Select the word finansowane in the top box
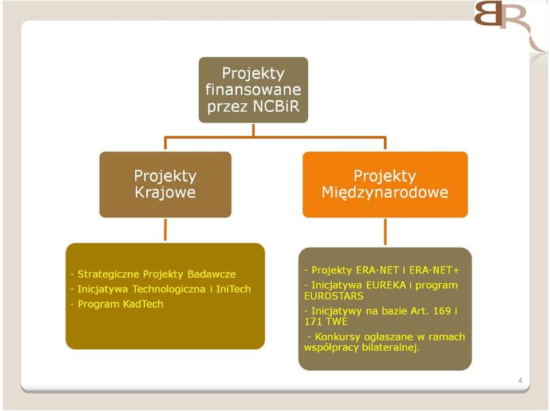tap(253, 89)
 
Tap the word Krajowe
tap(165, 193)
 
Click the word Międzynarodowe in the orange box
tap(385, 193)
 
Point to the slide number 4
tap(520, 380)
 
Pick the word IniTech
tap(233, 289)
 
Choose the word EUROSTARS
tap(333, 296)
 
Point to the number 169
tap(442, 311)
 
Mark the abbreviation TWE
tap(336, 322)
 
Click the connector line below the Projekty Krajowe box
tap(165, 229)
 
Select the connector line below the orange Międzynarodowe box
tap(385, 232)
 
